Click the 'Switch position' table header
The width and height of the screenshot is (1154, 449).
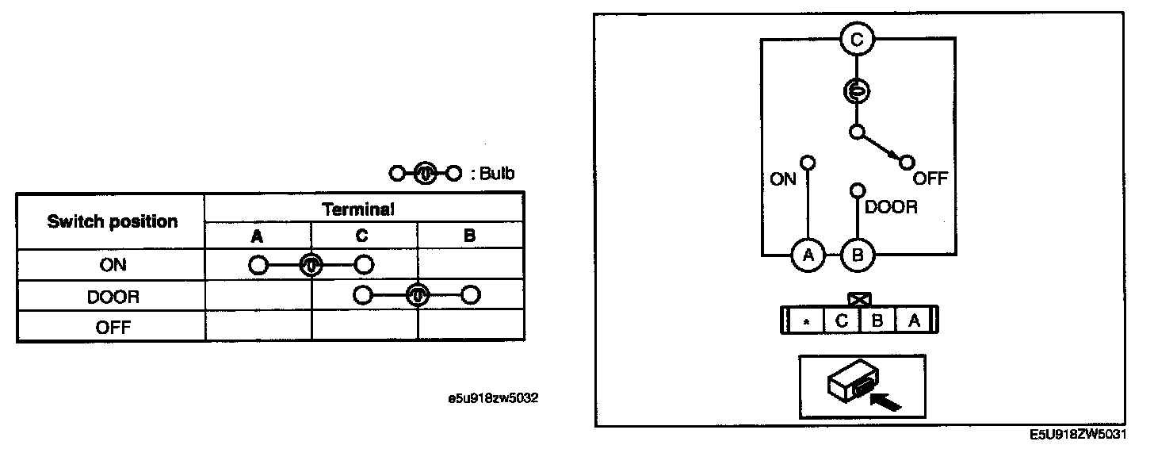(112, 221)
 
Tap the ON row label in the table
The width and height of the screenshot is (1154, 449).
(112, 266)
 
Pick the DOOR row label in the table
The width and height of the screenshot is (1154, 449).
(112, 297)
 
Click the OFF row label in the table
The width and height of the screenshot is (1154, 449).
(112, 327)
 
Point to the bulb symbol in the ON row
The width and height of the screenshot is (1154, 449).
(311, 265)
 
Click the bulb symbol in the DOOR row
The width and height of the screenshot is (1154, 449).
(417, 296)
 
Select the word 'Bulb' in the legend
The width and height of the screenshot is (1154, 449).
(496, 174)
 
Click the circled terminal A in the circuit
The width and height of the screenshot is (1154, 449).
(808, 255)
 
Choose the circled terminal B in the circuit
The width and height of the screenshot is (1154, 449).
(856, 255)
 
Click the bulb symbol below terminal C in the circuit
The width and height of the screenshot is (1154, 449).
(856, 92)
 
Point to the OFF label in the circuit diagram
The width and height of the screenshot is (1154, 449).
(930, 178)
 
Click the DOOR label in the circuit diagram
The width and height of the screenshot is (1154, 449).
(891, 208)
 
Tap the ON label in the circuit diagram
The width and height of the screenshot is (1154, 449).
(782, 179)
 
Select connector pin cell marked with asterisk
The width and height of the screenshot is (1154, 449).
(805, 321)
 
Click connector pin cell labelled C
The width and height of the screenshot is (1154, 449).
(842, 321)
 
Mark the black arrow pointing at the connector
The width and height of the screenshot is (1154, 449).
(887, 401)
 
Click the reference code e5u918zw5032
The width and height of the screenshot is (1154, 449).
(493, 398)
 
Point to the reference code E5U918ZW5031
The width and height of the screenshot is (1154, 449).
(1081, 436)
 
